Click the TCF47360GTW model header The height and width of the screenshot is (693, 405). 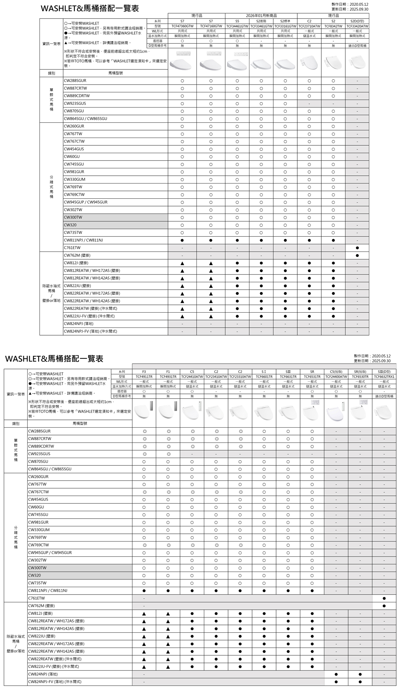click(182, 26)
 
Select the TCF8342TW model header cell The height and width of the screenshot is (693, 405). click(333, 26)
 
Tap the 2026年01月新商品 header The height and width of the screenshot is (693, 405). click(261, 16)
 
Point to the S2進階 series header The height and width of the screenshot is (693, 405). click(261, 21)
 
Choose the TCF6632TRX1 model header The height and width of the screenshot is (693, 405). click(384, 377)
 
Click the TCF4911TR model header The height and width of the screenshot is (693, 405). click(144, 377)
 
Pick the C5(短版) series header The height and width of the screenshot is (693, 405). click(336, 372)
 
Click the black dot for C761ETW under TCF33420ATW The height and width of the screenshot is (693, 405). click(357, 248)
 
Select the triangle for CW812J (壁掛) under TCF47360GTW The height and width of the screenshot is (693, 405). click(182, 263)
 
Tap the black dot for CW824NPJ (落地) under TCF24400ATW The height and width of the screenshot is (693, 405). click(336, 674)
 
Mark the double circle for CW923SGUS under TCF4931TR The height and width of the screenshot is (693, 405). click(168, 454)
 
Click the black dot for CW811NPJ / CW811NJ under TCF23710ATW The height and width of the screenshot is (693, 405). click(309, 240)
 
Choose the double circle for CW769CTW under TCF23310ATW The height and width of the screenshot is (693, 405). click(240, 545)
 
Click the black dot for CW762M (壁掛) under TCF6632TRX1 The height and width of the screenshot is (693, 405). click(384, 606)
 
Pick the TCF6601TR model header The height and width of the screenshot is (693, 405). click(264, 377)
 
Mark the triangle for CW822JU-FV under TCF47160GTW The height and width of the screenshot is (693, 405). click(211, 316)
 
